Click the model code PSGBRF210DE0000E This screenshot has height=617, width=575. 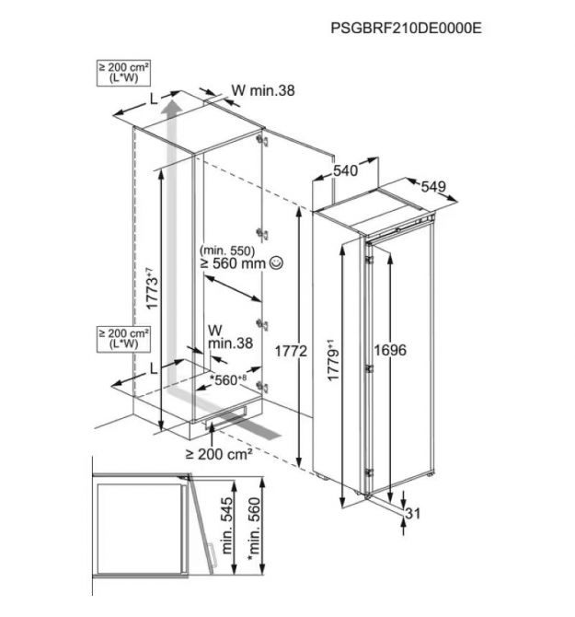(x=406, y=29)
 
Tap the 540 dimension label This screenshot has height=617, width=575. (x=346, y=170)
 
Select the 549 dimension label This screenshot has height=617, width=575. (x=433, y=187)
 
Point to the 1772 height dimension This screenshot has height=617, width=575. (x=291, y=351)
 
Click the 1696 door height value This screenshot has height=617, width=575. (x=390, y=350)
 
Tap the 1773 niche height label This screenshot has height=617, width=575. (x=152, y=288)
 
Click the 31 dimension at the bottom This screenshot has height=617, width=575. (x=413, y=514)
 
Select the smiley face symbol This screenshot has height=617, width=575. (x=276, y=262)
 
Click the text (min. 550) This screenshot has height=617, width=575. (x=227, y=250)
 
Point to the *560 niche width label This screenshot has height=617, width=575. (x=228, y=379)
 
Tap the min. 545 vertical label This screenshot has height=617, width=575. (x=227, y=526)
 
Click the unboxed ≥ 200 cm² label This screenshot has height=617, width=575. (x=219, y=455)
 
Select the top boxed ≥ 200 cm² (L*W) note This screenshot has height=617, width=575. (x=123, y=73)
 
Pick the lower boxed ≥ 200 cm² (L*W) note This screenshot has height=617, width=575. (x=123, y=339)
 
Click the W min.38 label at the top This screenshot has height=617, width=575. (x=263, y=90)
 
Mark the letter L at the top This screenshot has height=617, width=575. (x=154, y=99)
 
